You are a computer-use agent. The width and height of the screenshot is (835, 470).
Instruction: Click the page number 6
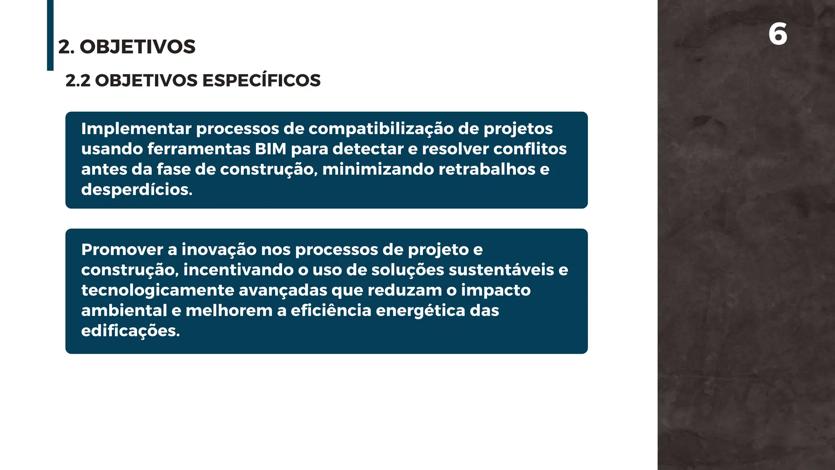click(x=778, y=34)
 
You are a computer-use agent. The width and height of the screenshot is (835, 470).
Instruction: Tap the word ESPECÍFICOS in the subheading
click(x=261, y=80)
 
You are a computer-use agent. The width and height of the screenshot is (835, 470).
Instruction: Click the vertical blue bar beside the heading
click(x=50, y=35)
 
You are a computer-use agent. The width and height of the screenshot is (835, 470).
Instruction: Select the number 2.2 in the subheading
click(x=78, y=81)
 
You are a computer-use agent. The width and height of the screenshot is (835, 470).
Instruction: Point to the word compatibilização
click(x=381, y=129)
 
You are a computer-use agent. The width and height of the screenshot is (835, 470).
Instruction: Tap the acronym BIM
click(x=270, y=149)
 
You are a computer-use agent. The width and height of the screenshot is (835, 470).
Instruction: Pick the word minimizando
click(x=378, y=169)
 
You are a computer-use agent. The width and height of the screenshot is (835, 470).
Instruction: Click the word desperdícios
click(x=137, y=190)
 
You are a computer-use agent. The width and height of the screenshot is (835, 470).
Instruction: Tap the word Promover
click(x=122, y=250)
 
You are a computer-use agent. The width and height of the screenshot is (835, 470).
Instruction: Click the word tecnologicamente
click(x=157, y=290)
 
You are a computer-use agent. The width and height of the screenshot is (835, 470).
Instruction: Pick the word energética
click(x=420, y=311)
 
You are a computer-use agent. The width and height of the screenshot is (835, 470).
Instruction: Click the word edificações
click(x=130, y=331)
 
